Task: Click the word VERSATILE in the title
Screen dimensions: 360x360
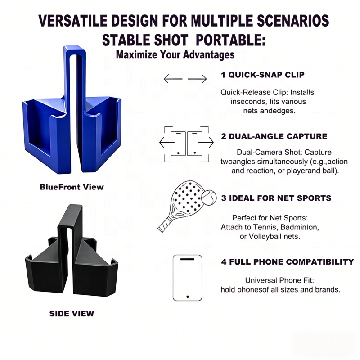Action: pos(73,21)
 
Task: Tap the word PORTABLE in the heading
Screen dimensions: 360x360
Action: pos(231,40)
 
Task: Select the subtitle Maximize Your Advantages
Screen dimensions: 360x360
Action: pos(175,54)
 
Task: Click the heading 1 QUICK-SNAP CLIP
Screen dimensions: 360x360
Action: pos(263,75)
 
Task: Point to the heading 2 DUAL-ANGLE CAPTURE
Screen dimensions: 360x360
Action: pos(274,136)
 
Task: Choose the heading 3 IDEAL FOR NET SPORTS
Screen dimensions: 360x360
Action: pos(276,198)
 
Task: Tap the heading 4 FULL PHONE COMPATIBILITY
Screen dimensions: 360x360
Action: pos(288,262)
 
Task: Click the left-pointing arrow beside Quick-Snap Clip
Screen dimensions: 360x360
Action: pos(173,79)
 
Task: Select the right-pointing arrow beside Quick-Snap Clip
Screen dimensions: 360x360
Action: pos(197,79)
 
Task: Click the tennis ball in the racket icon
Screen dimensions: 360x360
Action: pos(209,198)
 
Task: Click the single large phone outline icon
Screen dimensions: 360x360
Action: pos(187,278)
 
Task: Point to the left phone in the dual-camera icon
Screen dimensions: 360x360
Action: pos(178,144)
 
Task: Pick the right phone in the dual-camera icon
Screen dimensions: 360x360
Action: pos(195,144)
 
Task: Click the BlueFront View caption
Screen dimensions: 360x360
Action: pos(72,187)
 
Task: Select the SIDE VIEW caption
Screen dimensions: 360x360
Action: pos(72,314)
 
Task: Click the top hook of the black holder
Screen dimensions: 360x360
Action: pos(71,217)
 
